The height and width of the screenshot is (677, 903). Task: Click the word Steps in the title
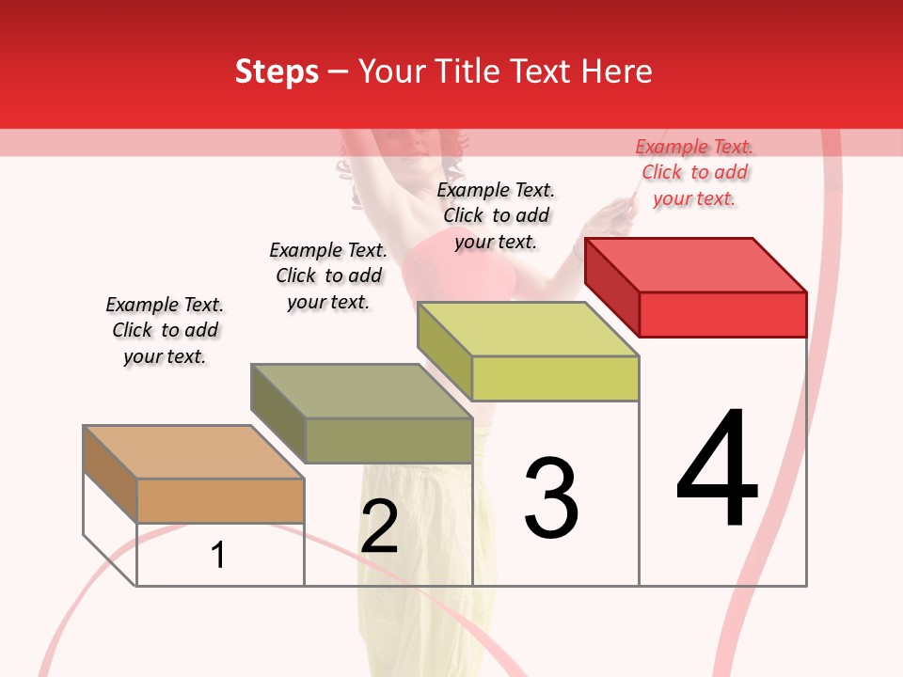click(276, 71)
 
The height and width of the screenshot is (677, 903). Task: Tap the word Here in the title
click(617, 71)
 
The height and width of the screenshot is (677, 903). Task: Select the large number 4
click(717, 469)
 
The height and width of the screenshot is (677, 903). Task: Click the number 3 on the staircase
click(551, 498)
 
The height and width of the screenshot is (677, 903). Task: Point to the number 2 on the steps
click(379, 527)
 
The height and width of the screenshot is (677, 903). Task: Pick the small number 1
click(218, 555)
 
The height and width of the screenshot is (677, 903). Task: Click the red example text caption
click(694, 172)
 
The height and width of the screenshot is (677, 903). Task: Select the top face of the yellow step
click(529, 329)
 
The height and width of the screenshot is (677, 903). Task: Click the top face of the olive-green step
click(361, 391)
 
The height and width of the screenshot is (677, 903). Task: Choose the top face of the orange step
click(194, 452)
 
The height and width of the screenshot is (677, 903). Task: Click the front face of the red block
click(722, 314)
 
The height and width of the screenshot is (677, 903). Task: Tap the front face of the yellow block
click(555, 378)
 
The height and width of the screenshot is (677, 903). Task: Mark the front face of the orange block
click(220, 500)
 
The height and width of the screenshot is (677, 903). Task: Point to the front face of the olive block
click(388, 440)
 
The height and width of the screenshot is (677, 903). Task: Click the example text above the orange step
click(165, 330)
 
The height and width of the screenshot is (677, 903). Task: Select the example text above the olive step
click(328, 276)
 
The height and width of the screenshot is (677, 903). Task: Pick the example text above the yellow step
click(496, 215)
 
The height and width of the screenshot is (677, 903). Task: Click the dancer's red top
click(470, 268)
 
